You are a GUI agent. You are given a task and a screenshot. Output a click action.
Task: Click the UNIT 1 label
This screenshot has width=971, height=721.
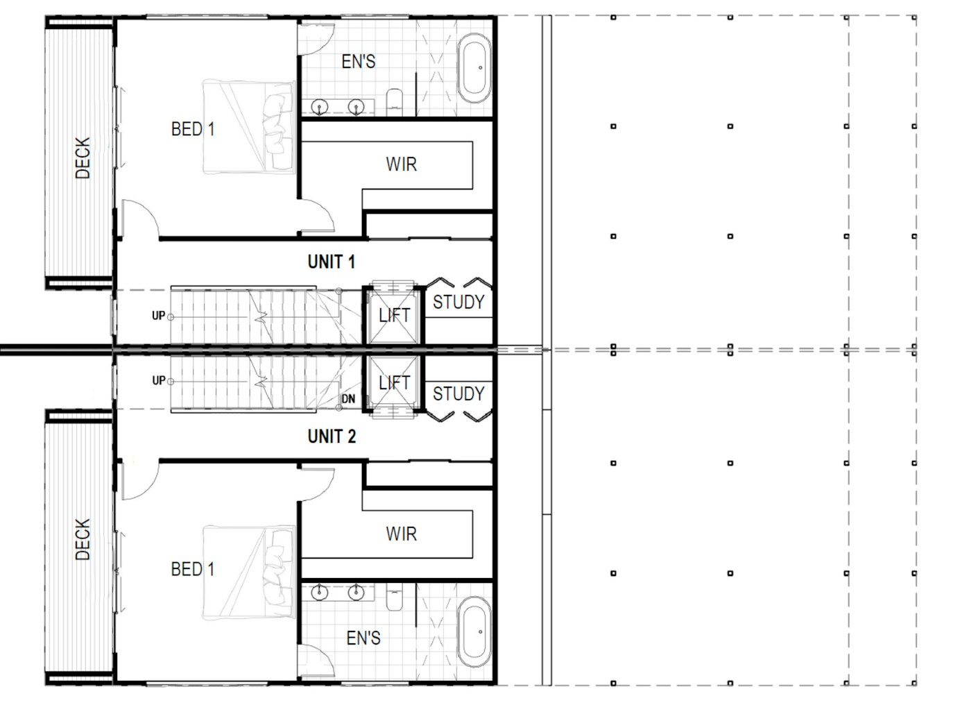pos(332,262)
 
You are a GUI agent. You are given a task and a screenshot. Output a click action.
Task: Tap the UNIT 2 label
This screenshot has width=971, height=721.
pos(332,436)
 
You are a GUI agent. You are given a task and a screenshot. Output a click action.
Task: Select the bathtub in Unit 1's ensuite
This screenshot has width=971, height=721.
pos(474,67)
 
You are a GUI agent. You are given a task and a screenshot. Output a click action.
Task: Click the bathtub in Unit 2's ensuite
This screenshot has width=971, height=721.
pos(474,633)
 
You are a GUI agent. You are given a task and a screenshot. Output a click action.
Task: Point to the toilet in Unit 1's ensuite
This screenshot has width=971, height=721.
pos(394,101)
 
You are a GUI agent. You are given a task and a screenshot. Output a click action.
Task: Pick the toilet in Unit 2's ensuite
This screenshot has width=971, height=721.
pos(394,597)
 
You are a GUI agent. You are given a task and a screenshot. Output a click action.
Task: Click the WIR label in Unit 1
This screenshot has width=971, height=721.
pos(401,164)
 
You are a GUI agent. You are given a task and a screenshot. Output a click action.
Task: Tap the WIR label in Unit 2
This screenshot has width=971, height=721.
pos(401,534)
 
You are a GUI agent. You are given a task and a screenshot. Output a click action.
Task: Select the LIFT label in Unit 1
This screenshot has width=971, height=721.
pos(394,316)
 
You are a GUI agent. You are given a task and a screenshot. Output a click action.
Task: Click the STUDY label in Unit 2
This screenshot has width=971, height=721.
pos(458,394)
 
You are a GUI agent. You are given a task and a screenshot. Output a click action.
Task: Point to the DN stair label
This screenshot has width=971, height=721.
pos(348,399)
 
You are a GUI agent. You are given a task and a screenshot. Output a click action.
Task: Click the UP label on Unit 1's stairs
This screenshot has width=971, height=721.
pos(158,316)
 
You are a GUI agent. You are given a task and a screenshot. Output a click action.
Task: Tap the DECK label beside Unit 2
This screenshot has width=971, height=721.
pos(83,539)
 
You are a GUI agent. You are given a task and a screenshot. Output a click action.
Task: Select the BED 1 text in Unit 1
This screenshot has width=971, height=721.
pos(193,129)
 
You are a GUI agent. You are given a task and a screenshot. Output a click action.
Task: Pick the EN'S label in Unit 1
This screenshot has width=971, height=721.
pos(359,62)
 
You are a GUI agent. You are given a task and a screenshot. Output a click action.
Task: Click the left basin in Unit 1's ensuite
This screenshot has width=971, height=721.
pos(320,108)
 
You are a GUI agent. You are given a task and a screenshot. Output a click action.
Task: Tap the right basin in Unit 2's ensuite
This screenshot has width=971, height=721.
pos(356,592)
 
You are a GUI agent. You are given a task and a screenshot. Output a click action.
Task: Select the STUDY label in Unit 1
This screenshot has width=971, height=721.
pos(458,302)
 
